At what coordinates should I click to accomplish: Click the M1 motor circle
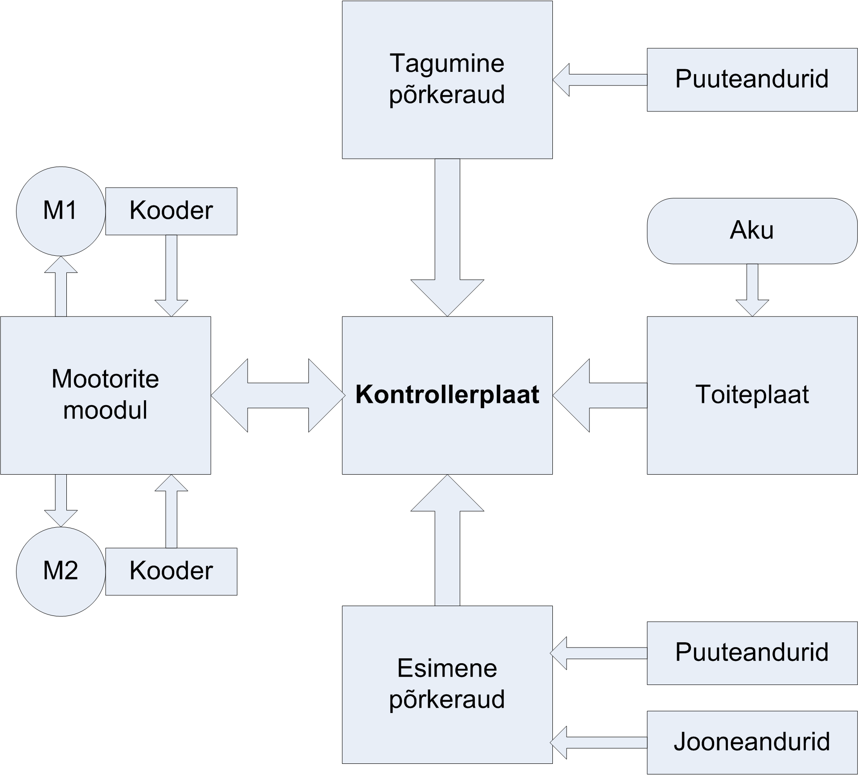[x=61, y=211]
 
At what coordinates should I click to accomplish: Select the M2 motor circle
[x=61, y=571]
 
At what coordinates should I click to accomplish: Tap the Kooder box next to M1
[x=171, y=211]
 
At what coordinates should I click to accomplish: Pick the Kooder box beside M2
[x=171, y=571]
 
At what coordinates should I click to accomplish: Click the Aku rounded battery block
[x=752, y=231]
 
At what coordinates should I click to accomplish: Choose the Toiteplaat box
[x=752, y=395]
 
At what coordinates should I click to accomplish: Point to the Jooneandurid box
[x=752, y=742]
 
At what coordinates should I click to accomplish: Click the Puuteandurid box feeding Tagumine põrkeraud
[x=752, y=80]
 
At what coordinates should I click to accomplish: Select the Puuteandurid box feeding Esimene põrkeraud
[x=752, y=653]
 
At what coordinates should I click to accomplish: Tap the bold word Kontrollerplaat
[x=447, y=395]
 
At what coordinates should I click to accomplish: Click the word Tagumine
[x=447, y=64]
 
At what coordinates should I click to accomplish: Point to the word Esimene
[x=447, y=668]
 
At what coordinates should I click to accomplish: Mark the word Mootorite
[x=105, y=379]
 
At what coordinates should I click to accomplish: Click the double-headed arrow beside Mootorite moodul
[x=278, y=395]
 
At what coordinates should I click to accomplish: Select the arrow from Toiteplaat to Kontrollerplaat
[x=599, y=395]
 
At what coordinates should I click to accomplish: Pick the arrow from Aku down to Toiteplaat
[x=752, y=290]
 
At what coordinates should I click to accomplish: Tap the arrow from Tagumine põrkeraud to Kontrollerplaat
[x=447, y=236]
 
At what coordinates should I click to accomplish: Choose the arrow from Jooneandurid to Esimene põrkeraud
[x=599, y=742]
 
